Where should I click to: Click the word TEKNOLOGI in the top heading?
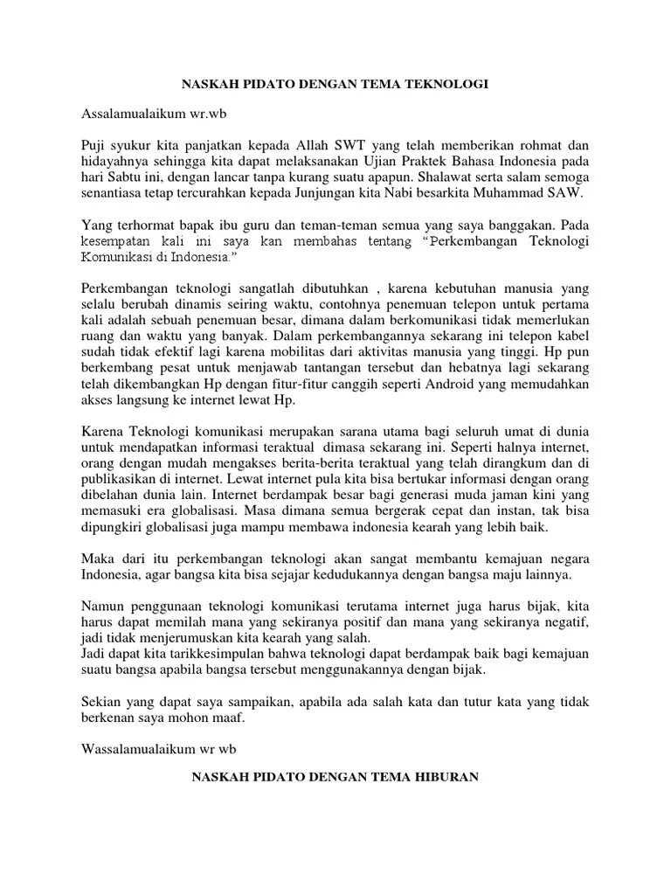coord(445,85)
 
